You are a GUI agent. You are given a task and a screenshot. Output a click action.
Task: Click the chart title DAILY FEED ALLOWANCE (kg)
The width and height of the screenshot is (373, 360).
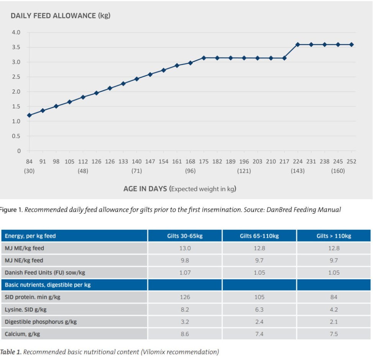60,16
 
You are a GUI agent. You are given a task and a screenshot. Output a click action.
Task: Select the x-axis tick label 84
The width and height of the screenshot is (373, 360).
29,162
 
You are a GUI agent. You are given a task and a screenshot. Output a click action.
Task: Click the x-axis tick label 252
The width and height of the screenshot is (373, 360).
351,162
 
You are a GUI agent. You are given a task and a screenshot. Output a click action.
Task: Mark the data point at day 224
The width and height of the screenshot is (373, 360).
297,45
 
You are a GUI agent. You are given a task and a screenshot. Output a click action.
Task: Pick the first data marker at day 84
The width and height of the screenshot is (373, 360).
29,115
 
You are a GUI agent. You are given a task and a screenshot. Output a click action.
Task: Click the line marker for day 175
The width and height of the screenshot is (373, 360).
204,58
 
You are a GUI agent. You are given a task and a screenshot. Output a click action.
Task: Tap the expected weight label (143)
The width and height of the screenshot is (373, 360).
297,171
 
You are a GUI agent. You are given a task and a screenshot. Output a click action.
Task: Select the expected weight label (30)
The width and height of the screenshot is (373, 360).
29,171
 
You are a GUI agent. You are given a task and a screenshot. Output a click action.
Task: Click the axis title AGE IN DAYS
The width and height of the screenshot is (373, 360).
145,189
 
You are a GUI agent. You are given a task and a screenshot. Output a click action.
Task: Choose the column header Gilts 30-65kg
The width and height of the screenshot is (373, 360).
185,236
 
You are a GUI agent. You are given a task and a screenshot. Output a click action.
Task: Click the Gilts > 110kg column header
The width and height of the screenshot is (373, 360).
334,236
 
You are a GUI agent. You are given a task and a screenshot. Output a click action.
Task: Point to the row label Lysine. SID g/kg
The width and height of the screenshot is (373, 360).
26,309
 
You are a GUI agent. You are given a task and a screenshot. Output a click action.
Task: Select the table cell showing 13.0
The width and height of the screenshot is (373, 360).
185,248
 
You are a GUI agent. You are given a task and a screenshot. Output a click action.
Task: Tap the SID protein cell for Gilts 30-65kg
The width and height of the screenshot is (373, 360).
185,297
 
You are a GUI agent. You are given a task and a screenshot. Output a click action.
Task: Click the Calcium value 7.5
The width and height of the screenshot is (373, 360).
334,334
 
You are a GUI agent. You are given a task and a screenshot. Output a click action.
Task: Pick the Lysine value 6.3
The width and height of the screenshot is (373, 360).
259,309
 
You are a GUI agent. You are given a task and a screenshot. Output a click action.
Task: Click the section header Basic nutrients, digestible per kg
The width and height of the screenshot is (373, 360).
48,285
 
